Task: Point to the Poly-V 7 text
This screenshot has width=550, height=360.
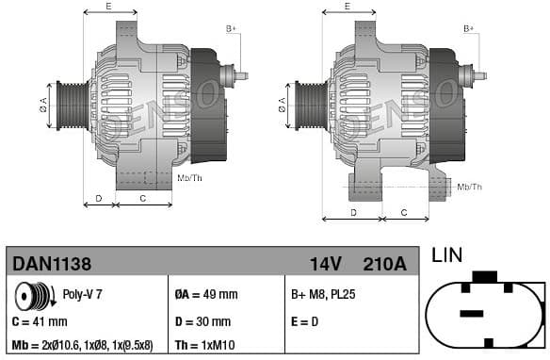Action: click(x=82, y=294)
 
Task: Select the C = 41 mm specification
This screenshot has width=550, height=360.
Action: click(x=39, y=320)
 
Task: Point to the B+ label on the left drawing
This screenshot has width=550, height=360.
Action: click(x=232, y=29)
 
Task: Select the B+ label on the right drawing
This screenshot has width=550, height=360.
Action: click(x=469, y=29)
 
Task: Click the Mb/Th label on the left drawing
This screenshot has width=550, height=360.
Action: click(x=189, y=177)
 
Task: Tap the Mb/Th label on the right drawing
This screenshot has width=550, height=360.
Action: click(x=469, y=187)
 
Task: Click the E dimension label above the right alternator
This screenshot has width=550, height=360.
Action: click(x=347, y=7)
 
